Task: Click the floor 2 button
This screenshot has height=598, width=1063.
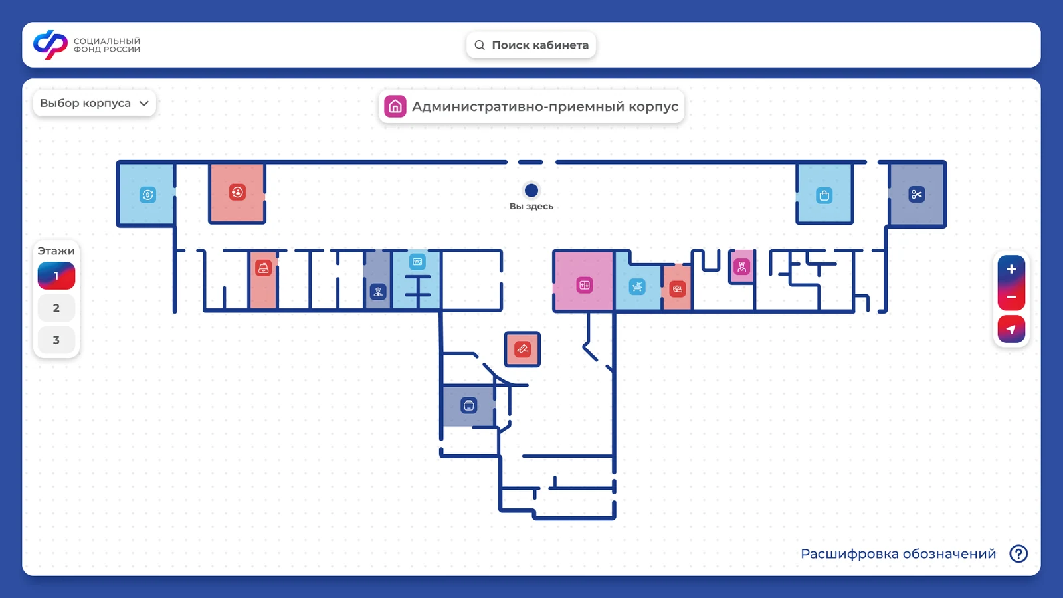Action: coord(56,308)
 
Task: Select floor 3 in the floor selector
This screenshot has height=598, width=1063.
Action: coord(56,340)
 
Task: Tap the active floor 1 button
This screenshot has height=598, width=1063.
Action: coord(56,276)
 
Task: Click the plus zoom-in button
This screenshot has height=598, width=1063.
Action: coord(1011,270)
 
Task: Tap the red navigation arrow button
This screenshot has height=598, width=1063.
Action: coord(1011,329)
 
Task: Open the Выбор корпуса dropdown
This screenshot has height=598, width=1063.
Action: coord(94,103)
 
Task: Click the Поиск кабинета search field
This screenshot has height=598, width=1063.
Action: coord(531,45)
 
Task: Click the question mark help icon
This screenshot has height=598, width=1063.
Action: coord(1018,553)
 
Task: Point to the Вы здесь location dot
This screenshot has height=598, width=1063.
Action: coord(531,190)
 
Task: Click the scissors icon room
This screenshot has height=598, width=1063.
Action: coord(916,195)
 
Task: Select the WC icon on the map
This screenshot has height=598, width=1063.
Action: coord(417,262)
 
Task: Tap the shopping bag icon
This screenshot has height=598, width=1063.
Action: coord(824,195)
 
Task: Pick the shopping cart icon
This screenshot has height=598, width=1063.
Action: coord(637,286)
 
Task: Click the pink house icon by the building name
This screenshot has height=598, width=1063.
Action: coord(395,106)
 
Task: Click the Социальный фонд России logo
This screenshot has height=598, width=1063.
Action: coord(87,45)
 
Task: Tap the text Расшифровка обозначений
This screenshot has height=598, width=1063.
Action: coord(898,554)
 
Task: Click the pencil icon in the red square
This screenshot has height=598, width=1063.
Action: coord(522,349)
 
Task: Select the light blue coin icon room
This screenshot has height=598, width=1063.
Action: coord(147,195)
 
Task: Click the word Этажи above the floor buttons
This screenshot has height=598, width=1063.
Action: coord(56,250)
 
